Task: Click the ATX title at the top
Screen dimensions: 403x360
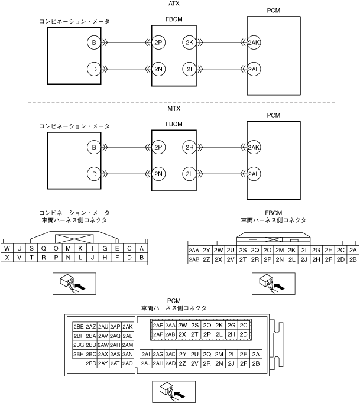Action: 174,4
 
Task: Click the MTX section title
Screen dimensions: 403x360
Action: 174,110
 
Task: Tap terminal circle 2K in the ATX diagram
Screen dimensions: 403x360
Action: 190,43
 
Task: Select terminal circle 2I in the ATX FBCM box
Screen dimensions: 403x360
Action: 190,69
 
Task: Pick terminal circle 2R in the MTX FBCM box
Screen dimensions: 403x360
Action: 190,147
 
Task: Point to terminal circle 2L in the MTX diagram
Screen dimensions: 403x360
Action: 190,174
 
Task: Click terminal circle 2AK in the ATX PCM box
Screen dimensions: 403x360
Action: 254,43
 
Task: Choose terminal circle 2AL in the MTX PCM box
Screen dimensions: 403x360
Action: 254,174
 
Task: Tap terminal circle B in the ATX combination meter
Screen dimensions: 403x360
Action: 93,43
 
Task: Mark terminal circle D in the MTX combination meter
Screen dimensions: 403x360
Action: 93,174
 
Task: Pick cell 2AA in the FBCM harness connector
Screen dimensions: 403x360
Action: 193,250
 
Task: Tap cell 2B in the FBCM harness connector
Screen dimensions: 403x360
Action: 353,259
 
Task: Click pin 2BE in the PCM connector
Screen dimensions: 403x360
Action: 78,326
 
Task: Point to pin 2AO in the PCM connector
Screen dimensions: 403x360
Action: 127,363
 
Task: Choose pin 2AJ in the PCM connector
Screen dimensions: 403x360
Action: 145,363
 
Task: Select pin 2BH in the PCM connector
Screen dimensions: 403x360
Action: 78,354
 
